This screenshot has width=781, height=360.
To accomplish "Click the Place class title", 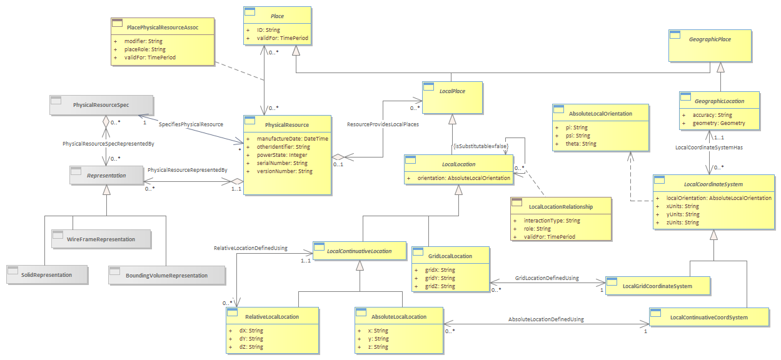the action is tap(277, 16).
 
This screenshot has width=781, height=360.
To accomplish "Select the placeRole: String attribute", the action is tap(144, 49).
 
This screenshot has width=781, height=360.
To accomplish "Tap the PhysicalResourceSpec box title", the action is tap(101, 105).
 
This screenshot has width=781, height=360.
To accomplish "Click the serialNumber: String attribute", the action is tap(282, 162).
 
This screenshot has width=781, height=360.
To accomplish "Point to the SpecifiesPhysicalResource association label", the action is tap(191, 124).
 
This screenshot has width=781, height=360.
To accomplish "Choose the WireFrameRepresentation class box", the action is tap(101, 239).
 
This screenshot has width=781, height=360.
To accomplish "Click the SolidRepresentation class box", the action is tap(47, 274).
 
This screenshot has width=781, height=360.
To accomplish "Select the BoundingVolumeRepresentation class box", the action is tap(167, 276).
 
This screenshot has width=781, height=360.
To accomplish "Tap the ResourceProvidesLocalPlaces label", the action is tap(383, 124).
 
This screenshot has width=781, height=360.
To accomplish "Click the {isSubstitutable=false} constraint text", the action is tap(481, 146).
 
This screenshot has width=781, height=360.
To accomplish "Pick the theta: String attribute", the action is tap(581, 144).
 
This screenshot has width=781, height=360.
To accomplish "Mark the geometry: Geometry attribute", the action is tap(718, 123).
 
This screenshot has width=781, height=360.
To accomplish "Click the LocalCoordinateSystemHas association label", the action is tap(709, 147).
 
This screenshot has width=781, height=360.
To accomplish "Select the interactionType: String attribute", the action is tap(552, 220).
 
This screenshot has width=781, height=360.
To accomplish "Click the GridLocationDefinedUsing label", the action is tap(547, 278).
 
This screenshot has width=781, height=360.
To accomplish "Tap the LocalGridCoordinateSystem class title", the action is tap(657, 286).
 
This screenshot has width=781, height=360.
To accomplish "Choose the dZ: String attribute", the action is tap(251, 347).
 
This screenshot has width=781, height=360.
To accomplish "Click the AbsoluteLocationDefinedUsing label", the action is tap(546, 319).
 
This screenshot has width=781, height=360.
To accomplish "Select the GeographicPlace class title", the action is tap(710, 39).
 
